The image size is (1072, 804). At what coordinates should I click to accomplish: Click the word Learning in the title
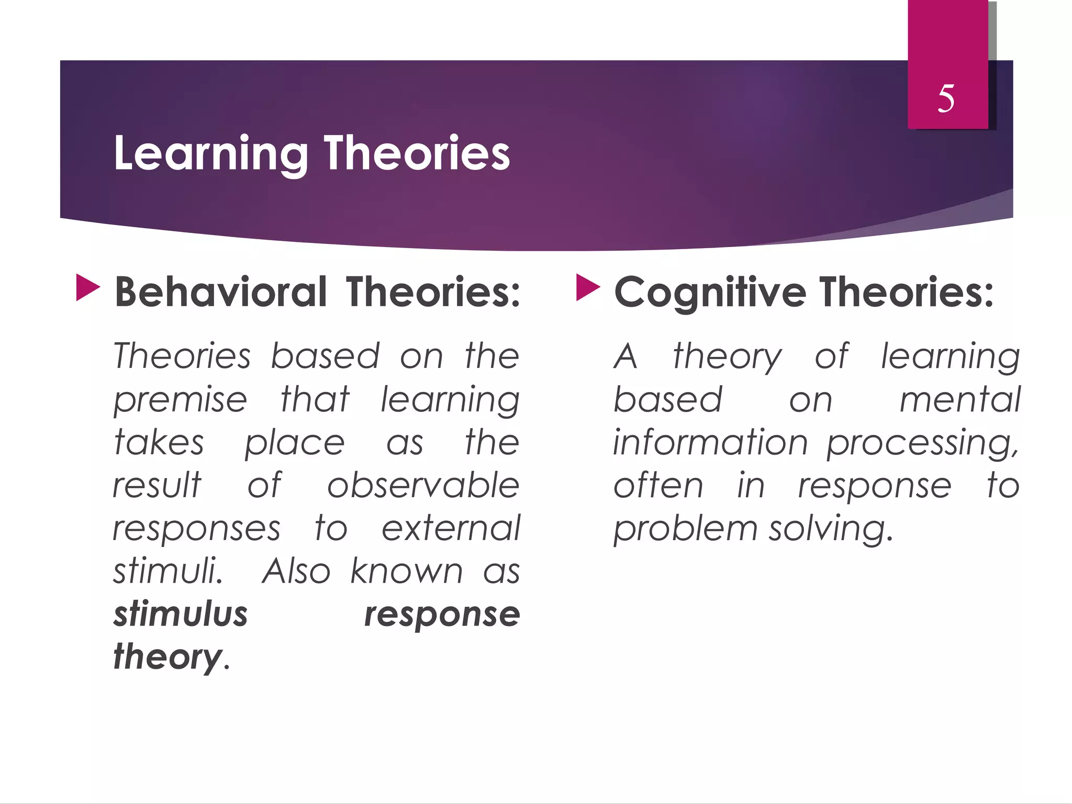click(x=210, y=153)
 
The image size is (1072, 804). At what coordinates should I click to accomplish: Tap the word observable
click(x=423, y=485)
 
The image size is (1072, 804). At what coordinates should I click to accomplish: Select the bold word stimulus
click(x=181, y=614)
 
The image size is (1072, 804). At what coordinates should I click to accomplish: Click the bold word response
click(x=442, y=615)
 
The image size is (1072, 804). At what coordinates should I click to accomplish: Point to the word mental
click(x=959, y=399)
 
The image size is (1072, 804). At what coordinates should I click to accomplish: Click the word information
click(x=710, y=442)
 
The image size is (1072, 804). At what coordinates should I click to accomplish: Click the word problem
click(x=685, y=529)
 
